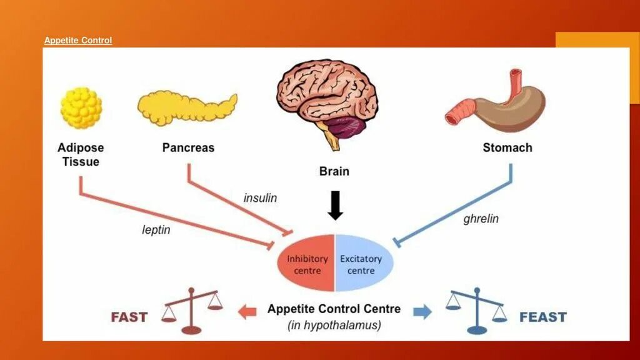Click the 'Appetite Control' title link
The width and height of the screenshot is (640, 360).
(x=78, y=41)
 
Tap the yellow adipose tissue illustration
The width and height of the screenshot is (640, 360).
(x=81, y=107)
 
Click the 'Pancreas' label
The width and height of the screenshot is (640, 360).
(x=188, y=148)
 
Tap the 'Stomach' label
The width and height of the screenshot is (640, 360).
(x=507, y=148)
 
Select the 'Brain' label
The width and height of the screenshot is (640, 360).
(x=334, y=171)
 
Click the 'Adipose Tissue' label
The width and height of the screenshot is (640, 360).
(x=81, y=154)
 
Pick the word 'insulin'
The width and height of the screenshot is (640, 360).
(x=260, y=198)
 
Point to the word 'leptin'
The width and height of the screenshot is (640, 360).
(x=156, y=230)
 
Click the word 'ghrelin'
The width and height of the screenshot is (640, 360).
(x=481, y=219)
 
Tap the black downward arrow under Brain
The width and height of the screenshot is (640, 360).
(x=336, y=206)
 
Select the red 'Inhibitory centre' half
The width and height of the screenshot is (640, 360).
(x=307, y=264)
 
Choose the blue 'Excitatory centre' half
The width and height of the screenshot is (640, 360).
(x=362, y=264)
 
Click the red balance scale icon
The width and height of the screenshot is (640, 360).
(x=192, y=310)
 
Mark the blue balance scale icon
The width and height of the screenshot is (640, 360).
(x=476, y=310)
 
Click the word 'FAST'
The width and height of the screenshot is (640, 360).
(x=129, y=317)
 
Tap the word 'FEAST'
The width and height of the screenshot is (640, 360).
(x=542, y=317)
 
